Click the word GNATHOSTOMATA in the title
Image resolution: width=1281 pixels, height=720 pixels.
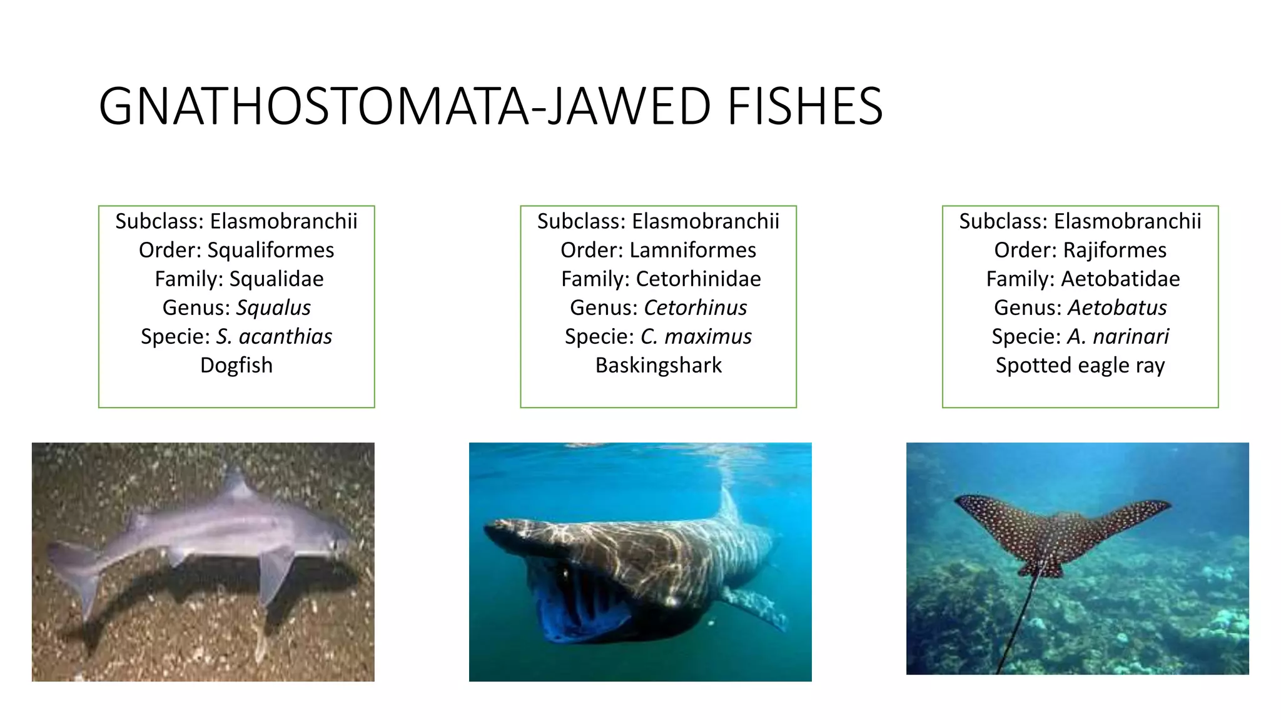tap(313, 106)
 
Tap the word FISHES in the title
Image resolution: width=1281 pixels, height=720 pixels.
tap(804, 106)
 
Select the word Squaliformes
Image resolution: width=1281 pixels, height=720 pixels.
tap(270, 250)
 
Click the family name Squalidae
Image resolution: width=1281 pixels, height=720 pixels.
tap(276, 279)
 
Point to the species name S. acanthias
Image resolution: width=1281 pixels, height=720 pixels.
tap(274, 336)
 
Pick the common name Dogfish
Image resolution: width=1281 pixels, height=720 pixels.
tap(236, 365)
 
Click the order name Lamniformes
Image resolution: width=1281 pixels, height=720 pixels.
tap(692, 250)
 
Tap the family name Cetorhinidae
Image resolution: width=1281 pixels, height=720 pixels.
tap(698, 279)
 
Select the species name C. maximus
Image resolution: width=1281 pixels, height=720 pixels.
tap(696, 336)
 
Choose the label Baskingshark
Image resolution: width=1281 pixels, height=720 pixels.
tap(658, 365)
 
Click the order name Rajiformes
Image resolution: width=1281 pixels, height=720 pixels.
tap(1115, 250)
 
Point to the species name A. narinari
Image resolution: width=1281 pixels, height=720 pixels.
tap(1118, 336)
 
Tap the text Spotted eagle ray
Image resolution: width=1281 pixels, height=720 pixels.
tap(1080, 365)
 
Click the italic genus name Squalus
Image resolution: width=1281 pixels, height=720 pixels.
tap(273, 307)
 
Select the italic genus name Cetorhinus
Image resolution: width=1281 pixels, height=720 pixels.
tap(695, 307)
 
